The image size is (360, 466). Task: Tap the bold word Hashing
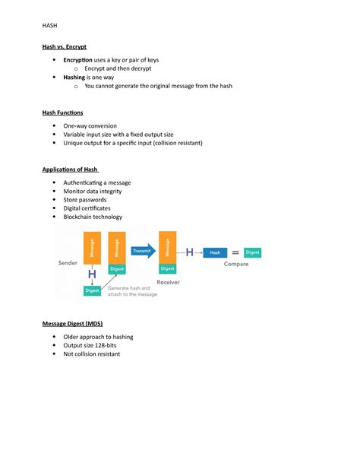tap(74, 77)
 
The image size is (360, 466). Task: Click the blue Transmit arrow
tap(142, 250)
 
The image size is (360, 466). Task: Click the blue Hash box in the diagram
tap(215, 252)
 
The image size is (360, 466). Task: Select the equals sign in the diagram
tap(235, 252)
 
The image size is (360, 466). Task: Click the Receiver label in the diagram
tap(168, 281)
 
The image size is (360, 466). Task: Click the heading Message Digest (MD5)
tap(72, 324)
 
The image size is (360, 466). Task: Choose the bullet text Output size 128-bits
tap(91, 345)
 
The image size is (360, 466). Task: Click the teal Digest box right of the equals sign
tap(253, 252)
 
